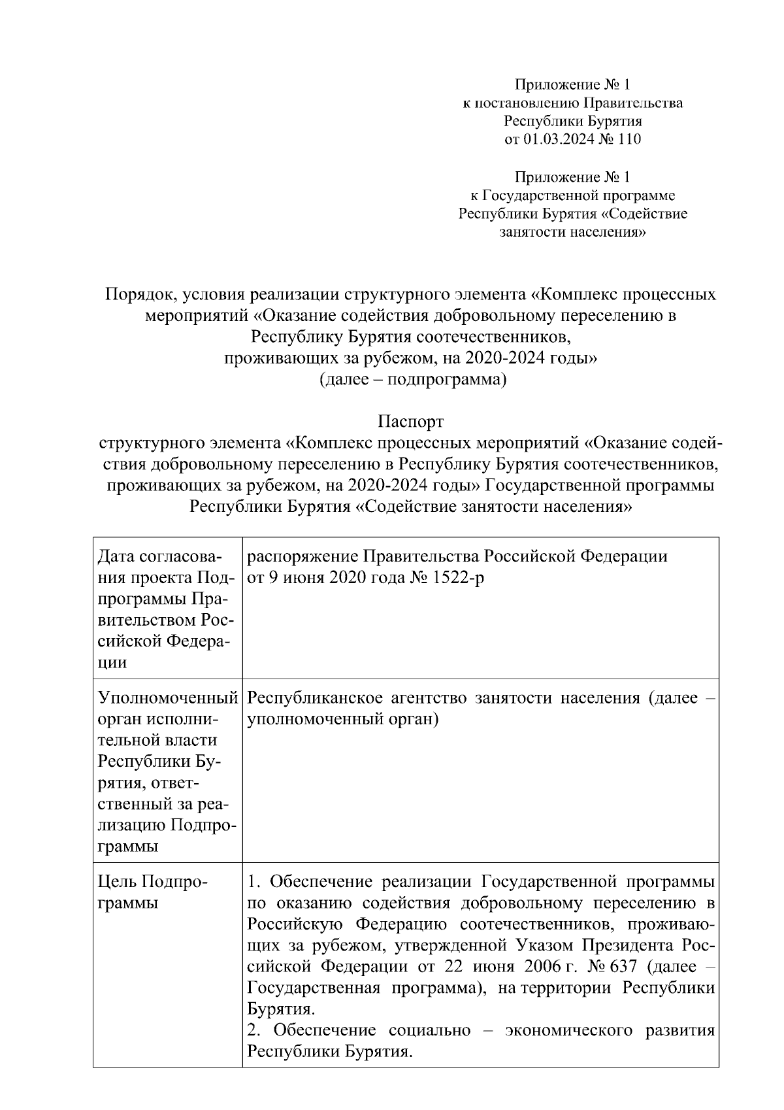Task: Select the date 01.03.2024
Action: pyautogui.click(x=558, y=139)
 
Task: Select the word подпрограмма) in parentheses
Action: pyautogui.click(x=447, y=379)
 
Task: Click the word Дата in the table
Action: pyautogui.click(x=115, y=556)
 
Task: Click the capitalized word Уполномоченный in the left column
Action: pyautogui.click(x=167, y=698)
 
